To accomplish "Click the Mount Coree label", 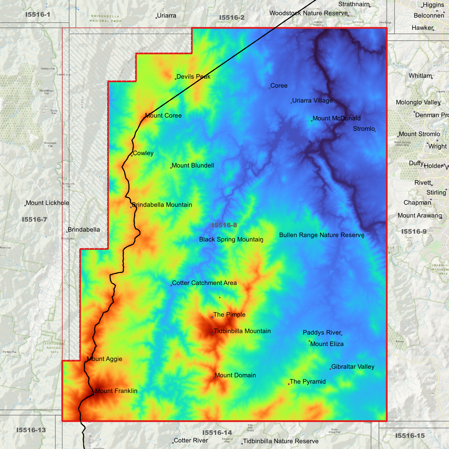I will (163, 116).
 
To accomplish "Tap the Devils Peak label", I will (193, 76).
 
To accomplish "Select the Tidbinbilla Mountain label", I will (242, 331).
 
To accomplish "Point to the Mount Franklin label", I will (116, 391).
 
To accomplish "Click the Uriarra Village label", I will (312, 101).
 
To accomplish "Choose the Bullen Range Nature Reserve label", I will (321, 235).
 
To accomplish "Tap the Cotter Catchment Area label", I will (204, 283).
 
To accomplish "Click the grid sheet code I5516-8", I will (224, 225).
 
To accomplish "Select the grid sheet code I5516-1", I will (38, 15).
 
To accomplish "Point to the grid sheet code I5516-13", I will (31, 430).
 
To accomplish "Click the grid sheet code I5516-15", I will (410, 436).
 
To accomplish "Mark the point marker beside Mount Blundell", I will (171, 168).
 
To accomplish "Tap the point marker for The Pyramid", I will (289, 384).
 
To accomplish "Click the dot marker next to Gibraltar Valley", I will (330, 369).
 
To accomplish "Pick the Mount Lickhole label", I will (48, 203).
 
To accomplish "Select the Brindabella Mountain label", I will (162, 205).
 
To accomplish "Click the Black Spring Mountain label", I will (231, 240).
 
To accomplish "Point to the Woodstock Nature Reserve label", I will (308, 13).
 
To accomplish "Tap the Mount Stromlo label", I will (419, 134).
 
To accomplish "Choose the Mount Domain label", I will (235, 375).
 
